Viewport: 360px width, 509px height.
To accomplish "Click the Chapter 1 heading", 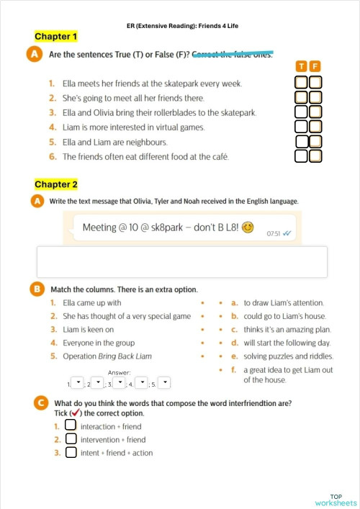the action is (x=55, y=36).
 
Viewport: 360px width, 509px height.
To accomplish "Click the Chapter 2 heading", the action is (x=55, y=185).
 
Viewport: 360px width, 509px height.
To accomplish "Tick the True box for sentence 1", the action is (x=302, y=83).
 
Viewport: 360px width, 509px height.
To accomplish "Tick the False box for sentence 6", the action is (x=315, y=156).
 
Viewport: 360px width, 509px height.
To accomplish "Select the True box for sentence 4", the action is (x=302, y=127).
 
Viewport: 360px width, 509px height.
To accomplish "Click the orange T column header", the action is (x=302, y=66).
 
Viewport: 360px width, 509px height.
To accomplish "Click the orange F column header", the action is (x=315, y=66).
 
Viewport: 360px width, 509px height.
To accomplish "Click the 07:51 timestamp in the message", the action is (x=273, y=234).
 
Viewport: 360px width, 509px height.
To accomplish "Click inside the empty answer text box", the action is (x=181, y=261).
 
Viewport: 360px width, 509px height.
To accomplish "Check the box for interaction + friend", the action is (x=71, y=425).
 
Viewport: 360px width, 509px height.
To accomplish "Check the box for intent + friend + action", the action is (x=71, y=453).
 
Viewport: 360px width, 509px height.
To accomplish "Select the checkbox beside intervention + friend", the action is (x=71, y=439).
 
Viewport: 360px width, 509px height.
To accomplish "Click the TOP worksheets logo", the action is (x=336, y=499).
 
